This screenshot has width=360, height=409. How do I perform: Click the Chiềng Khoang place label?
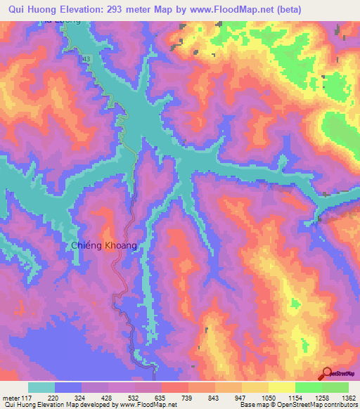click(x=103, y=245)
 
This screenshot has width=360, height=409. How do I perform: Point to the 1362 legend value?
click(x=340, y=398)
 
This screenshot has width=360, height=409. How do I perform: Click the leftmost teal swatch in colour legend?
click(x=41, y=387)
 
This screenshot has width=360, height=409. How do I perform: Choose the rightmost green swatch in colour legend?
click(x=335, y=387)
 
